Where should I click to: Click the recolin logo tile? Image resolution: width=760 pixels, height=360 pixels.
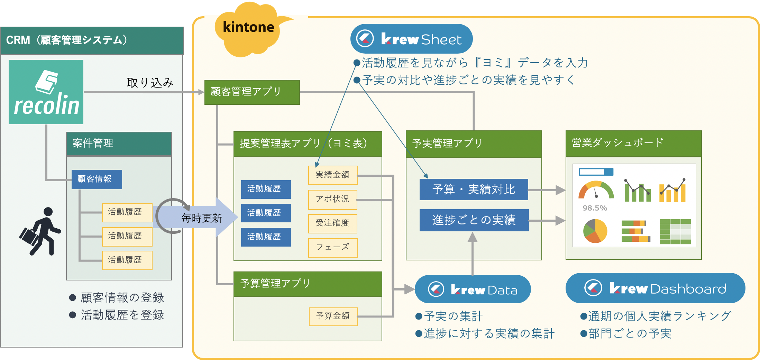click(x=46, y=92)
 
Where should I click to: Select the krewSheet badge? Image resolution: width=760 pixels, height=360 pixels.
click(x=411, y=39)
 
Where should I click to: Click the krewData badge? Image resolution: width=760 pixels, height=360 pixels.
click(x=473, y=289)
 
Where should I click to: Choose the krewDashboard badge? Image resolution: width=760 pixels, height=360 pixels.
click(x=655, y=288)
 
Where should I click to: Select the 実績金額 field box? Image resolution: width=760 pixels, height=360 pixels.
click(x=332, y=175)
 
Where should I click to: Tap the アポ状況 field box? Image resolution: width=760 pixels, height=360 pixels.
click(x=332, y=199)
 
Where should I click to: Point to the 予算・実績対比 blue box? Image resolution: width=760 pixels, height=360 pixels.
click(x=474, y=190)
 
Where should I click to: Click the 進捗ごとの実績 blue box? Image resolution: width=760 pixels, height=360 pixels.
click(x=474, y=220)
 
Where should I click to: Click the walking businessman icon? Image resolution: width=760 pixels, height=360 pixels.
click(x=40, y=231)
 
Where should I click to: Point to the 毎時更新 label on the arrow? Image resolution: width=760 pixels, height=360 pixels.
click(x=202, y=218)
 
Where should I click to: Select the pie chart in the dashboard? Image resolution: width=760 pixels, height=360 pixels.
click(x=595, y=231)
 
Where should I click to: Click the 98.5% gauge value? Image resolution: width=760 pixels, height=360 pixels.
click(x=595, y=208)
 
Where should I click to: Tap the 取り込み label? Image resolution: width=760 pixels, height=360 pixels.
click(x=150, y=83)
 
